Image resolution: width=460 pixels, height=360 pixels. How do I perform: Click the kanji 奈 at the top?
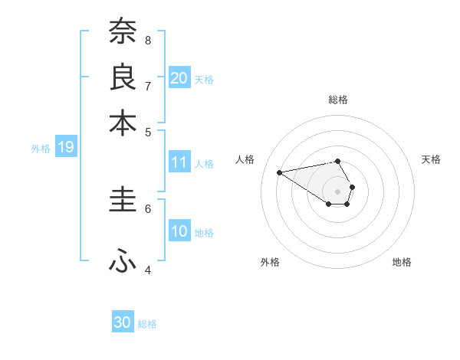[x=123, y=32]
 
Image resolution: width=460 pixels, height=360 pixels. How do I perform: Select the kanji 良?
[x=123, y=77]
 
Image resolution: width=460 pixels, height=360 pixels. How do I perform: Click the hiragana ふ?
[x=123, y=261]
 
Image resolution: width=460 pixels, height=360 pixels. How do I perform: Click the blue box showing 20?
[x=179, y=77]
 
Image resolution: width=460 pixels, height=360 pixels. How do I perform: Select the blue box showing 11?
[x=179, y=162]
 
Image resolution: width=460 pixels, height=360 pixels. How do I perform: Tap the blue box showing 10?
[x=179, y=231]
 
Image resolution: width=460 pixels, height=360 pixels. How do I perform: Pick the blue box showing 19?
[x=66, y=148]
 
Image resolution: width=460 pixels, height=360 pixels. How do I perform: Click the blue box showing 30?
[x=123, y=322]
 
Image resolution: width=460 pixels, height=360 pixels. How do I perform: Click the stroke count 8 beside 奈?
[x=148, y=40]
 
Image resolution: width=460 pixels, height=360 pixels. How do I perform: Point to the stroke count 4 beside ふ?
[x=148, y=270]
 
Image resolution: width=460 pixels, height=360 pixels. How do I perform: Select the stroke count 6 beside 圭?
[x=148, y=208]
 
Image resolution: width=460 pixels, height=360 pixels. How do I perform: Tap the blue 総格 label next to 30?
[x=148, y=324]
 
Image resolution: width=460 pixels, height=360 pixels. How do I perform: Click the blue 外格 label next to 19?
[x=41, y=149]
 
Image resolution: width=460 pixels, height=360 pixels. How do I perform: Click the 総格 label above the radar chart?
[x=338, y=100]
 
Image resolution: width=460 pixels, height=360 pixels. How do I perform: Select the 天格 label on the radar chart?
[x=431, y=159]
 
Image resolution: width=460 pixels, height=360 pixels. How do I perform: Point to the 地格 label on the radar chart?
[x=402, y=262]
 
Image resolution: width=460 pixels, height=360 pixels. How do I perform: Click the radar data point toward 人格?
[x=280, y=172]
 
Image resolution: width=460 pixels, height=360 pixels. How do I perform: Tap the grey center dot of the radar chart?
[x=338, y=191]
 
